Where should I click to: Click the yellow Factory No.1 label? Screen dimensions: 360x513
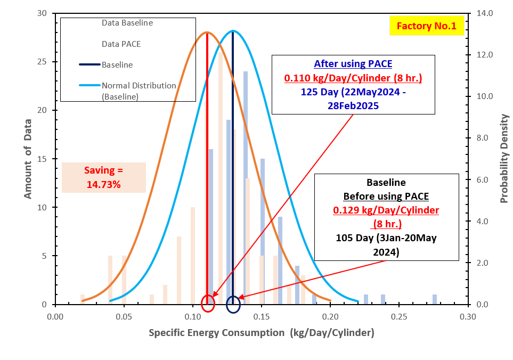(426, 26)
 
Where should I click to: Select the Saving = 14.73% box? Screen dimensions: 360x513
(104, 177)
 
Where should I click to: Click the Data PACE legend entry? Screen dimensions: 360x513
(121, 44)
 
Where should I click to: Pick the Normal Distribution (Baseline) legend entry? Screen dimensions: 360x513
(139, 91)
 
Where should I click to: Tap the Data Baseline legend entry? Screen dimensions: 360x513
(127, 23)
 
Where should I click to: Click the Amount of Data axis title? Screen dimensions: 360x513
(28, 159)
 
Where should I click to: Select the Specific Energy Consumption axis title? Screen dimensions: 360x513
(261, 333)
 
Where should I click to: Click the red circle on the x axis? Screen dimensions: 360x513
(208, 304)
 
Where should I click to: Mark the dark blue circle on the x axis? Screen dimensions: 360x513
(233, 305)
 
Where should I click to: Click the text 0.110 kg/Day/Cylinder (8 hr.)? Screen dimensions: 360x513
(353, 79)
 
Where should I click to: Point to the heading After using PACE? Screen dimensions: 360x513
(353, 64)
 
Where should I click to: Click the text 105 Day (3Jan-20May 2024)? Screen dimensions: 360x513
(386, 244)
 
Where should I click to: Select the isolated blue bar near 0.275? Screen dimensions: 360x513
(435, 299)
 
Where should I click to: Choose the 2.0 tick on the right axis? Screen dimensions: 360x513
(483, 263)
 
